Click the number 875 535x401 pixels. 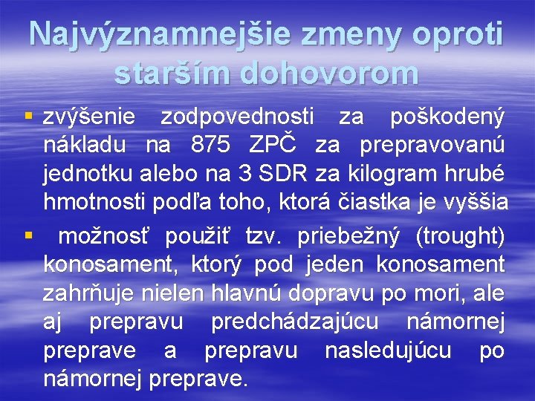point(210,146)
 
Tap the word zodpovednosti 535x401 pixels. point(238,117)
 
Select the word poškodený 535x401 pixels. point(447,117)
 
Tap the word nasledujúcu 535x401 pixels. point(388,351)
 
